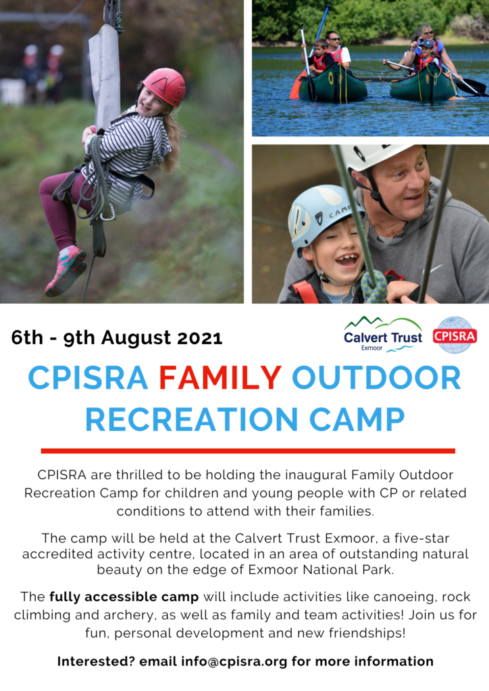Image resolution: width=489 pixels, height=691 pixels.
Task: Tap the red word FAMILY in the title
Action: click(x=220, y=378)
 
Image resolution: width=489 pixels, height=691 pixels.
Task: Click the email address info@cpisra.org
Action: click(x=234, y=661)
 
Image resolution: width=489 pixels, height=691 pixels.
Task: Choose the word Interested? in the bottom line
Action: click(x=96, y=661)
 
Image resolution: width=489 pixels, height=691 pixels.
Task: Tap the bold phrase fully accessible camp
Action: click(x=124, y=597)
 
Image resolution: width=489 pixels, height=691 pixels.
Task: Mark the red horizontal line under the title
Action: click(x=248, y=451)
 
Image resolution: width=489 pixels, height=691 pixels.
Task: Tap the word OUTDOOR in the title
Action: click(x=376, y=378)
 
